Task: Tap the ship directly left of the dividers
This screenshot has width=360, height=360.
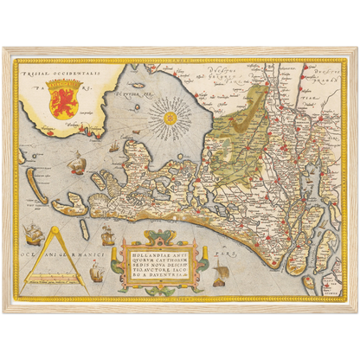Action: pyautogui.click(x=33, y=232)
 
